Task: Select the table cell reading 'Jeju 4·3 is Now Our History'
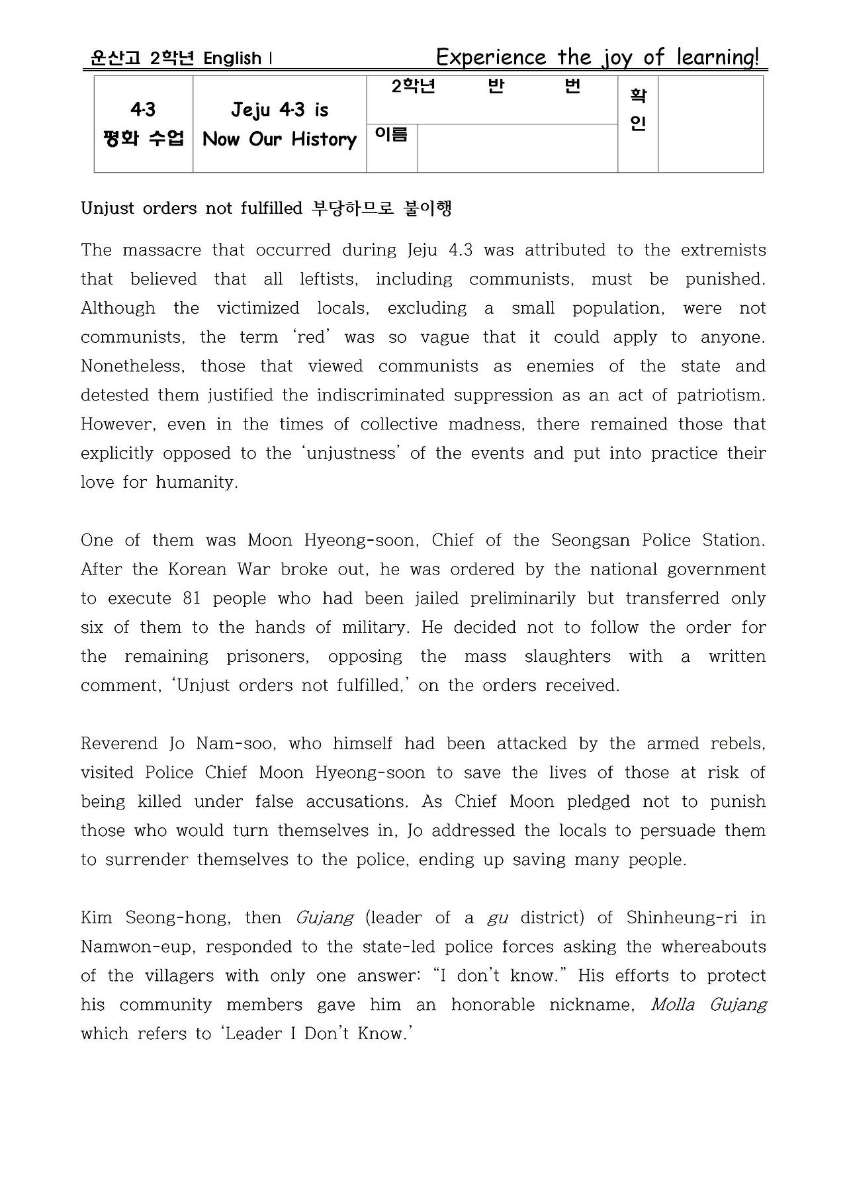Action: pos(279,124)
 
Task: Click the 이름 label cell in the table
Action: pos(391,134)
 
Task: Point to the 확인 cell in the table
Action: pos(637,110)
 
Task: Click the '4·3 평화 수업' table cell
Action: pos(143,124)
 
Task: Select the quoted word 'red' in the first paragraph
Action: pos(311,337)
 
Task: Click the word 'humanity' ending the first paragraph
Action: pos(197,483)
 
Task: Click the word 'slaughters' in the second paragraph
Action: pos(567,657)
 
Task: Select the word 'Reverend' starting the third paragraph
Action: pos(119,743)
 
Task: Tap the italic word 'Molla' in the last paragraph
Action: pos(672,1005)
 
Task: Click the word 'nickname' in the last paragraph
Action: pos(592,1005)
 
